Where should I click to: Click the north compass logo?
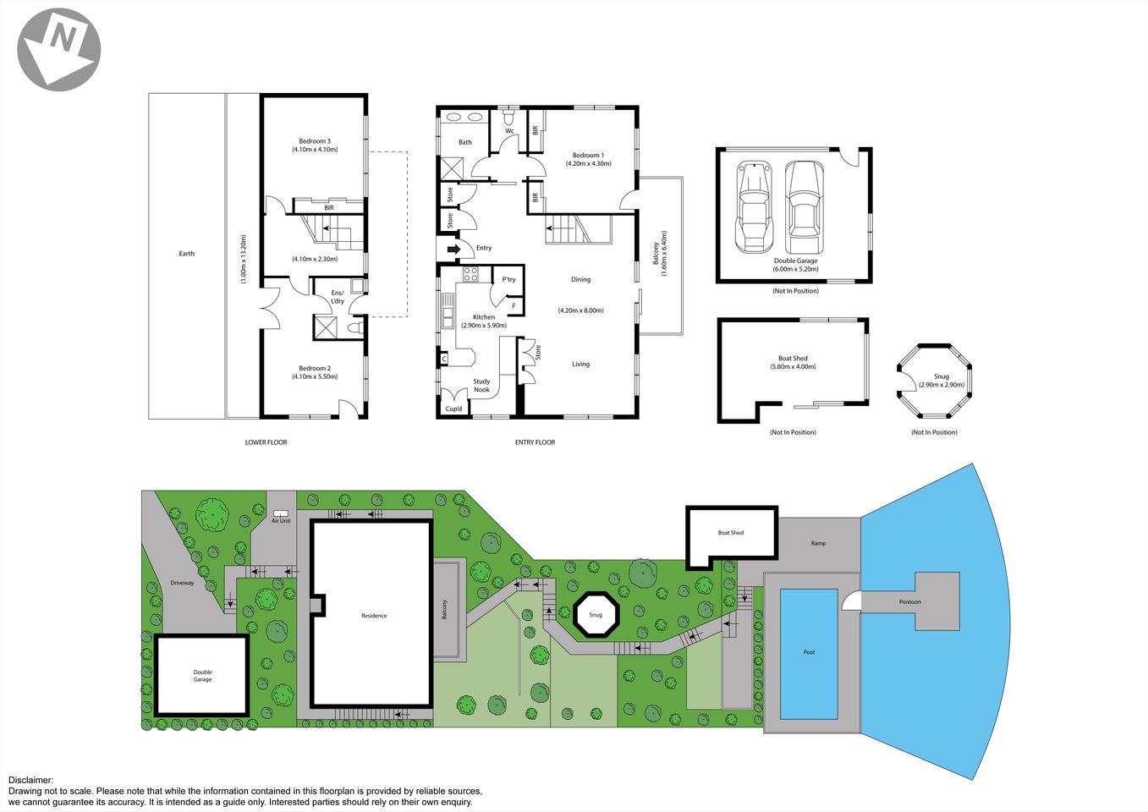[59, 49]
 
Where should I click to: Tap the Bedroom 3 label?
[315, 141]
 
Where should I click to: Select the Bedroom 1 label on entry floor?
[588, 156]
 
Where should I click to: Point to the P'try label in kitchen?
[508, 279]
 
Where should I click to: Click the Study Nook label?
[481, 386]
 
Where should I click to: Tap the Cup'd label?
[454, 409]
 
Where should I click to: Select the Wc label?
[509, 131]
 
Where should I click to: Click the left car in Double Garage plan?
[753, 206]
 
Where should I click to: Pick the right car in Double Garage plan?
[803, 200]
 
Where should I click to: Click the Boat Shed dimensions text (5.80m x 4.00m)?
[793, 367]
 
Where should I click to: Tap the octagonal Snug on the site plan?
[596, 614]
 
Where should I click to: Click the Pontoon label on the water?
[909, 602]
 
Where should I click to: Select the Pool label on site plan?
[809, 652]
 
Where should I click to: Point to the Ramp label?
[818, 543]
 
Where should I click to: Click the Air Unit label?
[281, 521]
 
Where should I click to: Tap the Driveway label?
[182, 583]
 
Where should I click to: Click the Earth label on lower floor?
[187, 254]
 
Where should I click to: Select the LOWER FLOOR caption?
[266, 442]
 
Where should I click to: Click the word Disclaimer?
[30, 781]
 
